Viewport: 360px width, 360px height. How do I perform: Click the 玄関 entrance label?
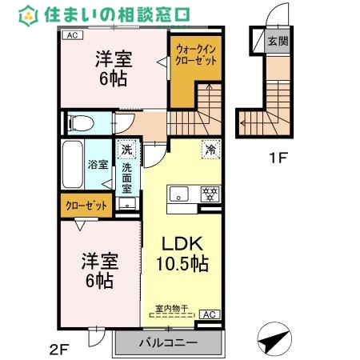pos(278,42)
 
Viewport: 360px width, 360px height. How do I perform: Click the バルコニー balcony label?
pos(169,344)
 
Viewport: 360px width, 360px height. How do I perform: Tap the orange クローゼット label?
pos(86,206)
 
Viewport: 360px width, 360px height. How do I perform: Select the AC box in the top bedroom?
pos(70,35)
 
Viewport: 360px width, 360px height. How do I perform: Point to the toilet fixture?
pos(80,123)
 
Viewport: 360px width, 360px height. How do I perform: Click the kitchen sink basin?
pos(178,194)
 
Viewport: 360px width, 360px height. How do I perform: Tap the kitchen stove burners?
pos(210,194)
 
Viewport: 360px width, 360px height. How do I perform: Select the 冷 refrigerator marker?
pos(210,148)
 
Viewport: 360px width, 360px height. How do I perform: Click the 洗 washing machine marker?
pos(126,149)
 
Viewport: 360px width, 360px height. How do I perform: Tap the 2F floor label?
pos(58,348)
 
